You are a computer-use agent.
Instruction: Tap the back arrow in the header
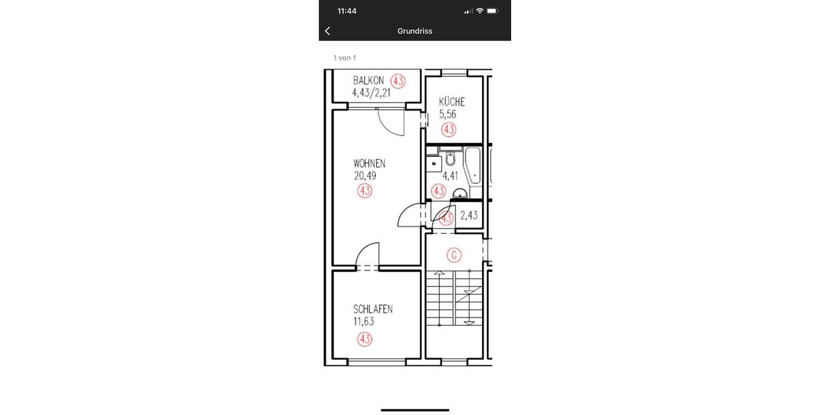tap(327, 31)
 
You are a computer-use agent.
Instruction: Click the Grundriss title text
tap(414, 31)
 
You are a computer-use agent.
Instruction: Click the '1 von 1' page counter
tap(344, 58)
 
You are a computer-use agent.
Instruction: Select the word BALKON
tap(368, 81)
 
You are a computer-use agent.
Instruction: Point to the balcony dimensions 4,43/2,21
tap(372, 93)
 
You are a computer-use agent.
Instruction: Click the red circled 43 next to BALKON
tap(398, 81)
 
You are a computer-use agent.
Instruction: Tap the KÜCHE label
tap(452, 102)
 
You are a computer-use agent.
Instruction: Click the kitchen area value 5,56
tap(448, 114)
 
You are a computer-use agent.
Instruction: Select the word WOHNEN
tap(369, 164)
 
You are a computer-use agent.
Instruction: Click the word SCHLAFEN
tap(373, 309)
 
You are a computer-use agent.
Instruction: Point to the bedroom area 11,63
tap(364, 321)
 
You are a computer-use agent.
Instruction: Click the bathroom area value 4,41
tap(450, 176)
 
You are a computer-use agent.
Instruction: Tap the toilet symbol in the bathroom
tap(450, 159)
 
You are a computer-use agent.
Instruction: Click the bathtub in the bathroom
tap(474, 165)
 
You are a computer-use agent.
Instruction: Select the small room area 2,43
tap(469, 215)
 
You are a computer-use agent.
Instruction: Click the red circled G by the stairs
tap(454, 255)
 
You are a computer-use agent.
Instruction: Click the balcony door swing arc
tap(391, 123)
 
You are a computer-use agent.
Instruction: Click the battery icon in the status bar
tap(492, 11)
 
